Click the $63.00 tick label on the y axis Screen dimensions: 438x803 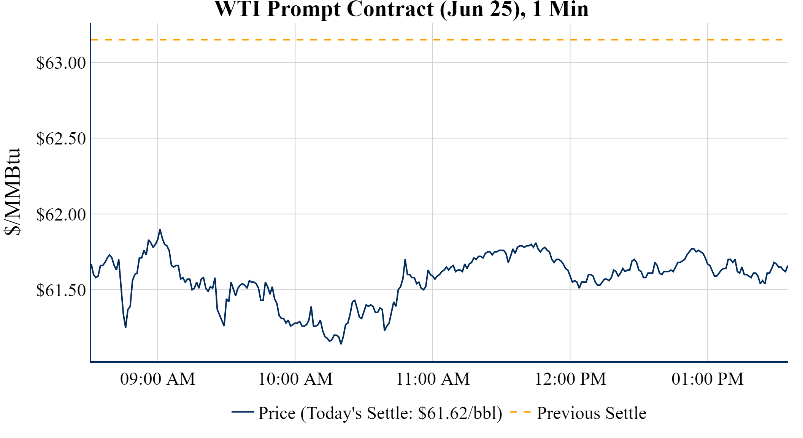tap(61, 63)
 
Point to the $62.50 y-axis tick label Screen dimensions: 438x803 tap(61, 139)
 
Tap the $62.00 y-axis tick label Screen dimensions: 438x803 tap(61, 215)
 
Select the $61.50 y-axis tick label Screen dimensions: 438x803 tap(61, 290)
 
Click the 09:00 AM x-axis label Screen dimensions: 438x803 tap(158, 379)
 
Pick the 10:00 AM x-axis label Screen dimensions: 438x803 tap(295, 379)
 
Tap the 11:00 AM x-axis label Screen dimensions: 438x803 tap(433, 379)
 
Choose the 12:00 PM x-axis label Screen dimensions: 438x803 tap(570, 379)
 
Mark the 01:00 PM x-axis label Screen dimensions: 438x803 tap(708, 379)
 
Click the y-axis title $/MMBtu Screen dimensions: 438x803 tap(12, 192)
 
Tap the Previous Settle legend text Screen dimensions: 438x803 tap(591, 413)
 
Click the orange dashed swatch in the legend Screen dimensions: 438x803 tap(520, 412)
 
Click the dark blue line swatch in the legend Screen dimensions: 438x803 tap(243, 412)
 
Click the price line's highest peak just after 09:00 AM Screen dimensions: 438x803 tap(160, 230)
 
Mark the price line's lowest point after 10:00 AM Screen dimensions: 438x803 tap(341, 344)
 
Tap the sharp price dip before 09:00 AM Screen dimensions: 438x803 tap(125, 327)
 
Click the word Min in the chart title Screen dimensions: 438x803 tap(569, 9)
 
